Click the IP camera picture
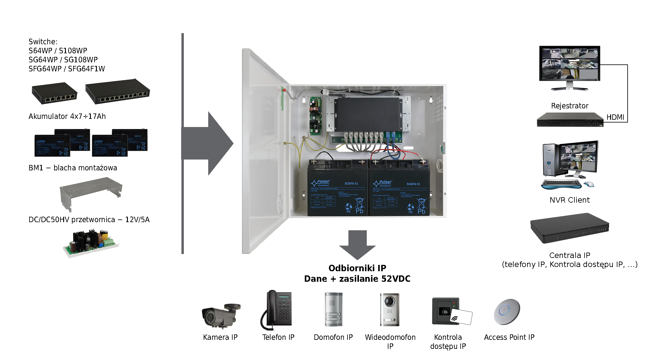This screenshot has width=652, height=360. pyautogui.click(x=220, y=315)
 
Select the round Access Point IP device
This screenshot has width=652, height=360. pyautogui.click(x=507, y=312)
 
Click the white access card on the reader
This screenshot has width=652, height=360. pyautogui.click(x=462, y=317)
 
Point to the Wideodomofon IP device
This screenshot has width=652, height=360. pyautogui.click(x=390, y=309)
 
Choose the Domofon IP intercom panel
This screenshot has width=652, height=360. pyautogui.click(x=333, y=309)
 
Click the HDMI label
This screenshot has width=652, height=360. pyautogui.click(x=615, y=117)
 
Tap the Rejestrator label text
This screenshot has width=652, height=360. pyautogui.click(x=570, y=106)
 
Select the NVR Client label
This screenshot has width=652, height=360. pyautogui.click(x=570, y=200)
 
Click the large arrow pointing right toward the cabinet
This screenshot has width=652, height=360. pyautogui.click(x=208, y=143)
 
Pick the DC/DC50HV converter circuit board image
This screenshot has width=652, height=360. pyautogui.click(x=91, y=242)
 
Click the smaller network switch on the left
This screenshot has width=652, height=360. pyautogui.click(x=54, y=93)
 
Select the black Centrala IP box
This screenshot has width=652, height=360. pyautogui.click(x=570, y=228)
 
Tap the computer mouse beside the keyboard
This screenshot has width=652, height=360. pyautogui.click(x=589, y=184)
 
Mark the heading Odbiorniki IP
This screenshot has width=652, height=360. pyautogui.click(x=357, y=268)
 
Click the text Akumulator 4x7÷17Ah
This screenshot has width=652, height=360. pyautogui.click(x=67, y=116)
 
